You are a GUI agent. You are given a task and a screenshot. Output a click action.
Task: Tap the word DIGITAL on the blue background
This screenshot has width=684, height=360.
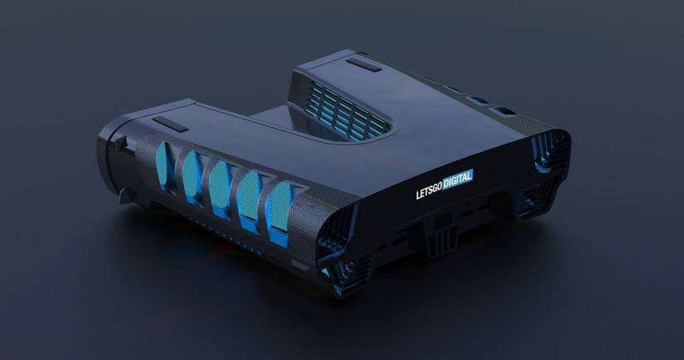[x=458, y=180]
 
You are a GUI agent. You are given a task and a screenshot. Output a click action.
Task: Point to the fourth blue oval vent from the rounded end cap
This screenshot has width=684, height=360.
[x=250, y=198]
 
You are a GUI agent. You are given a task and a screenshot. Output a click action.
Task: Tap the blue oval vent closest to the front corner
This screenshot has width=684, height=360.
[x=279, y=212]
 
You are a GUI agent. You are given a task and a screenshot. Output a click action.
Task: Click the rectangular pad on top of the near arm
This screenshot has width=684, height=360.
[x=170, y=124]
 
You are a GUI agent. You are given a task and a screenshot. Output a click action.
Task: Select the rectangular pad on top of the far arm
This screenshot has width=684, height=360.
[x=364, y=65]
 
